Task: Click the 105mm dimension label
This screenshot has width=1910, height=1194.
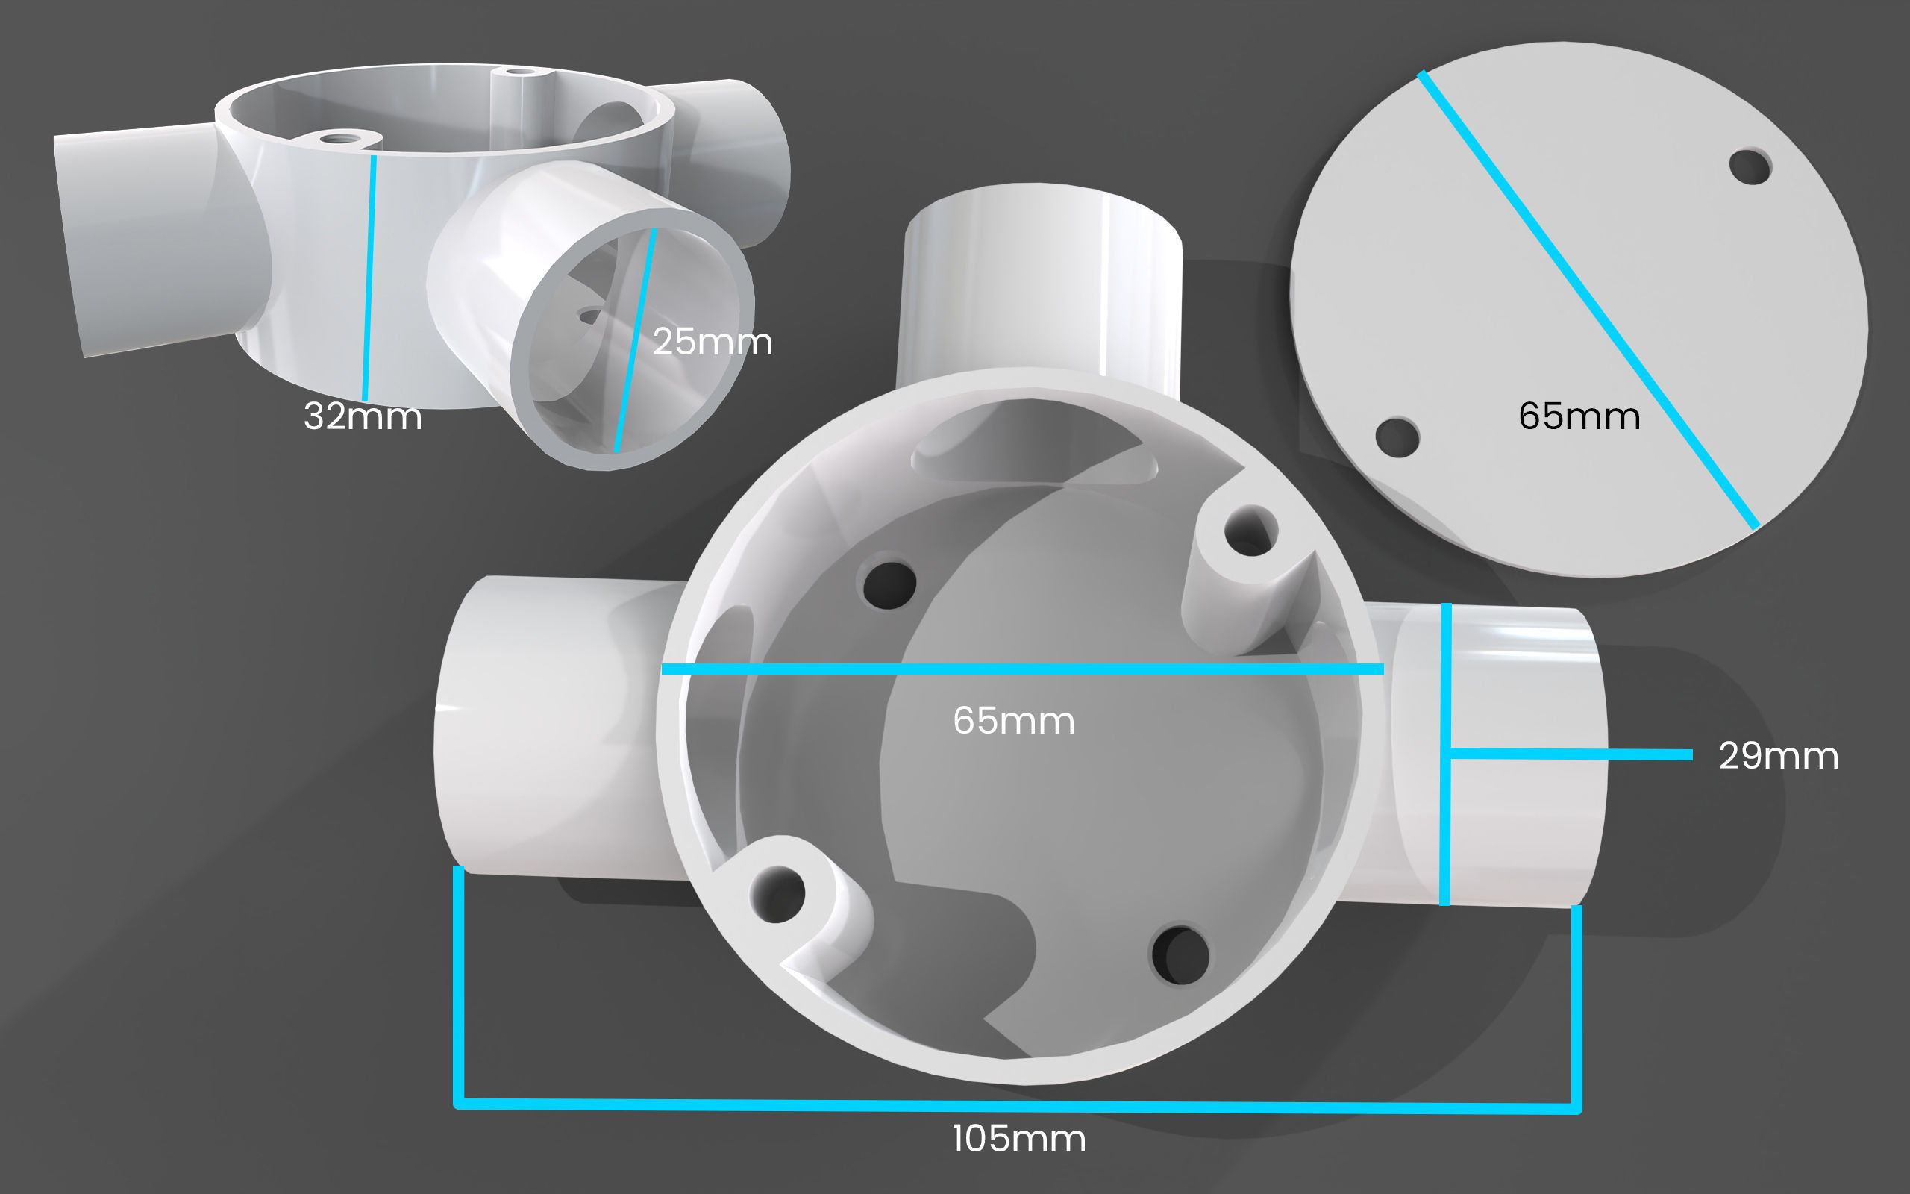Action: (1018, 1139)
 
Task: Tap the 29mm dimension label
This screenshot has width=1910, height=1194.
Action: (1778, 756)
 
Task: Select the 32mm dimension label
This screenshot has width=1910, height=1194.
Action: (363, 416)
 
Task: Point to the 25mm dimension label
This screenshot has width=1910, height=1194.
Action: (712, 341)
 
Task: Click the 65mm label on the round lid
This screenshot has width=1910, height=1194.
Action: (1579, 416)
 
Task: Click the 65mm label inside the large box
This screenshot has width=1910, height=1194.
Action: (1013, 720)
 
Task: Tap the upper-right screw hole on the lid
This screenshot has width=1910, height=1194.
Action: (1749, 166)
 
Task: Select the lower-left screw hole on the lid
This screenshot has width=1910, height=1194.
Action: (1396, 437)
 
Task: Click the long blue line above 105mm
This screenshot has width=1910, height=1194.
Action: (1018, 1105)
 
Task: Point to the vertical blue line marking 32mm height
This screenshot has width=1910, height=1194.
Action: (369, 276)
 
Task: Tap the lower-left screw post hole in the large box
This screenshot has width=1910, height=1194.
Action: (777, 893)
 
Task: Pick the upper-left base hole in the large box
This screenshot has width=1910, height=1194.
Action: (889, 585)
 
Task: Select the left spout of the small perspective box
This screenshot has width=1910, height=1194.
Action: (150, 237)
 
